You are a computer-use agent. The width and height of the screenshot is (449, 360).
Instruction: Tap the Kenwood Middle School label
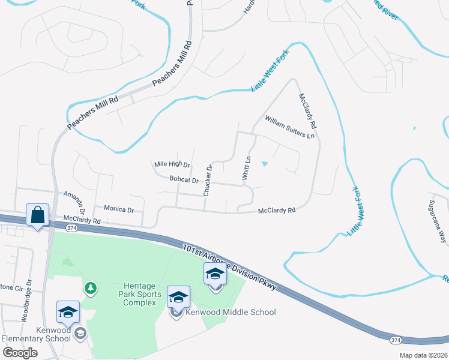click(x=231, y=312)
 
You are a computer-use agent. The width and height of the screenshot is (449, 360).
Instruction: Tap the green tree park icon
click(x=90, y=289)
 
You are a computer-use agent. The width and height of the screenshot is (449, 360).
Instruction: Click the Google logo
click(x=20, y=353)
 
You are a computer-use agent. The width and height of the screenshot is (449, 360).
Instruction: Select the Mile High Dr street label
click(x=172, y=164)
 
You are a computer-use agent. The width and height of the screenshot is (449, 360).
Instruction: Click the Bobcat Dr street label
click(x=184, y=179)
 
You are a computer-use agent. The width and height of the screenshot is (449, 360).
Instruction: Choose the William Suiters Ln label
click(x=289, y=127)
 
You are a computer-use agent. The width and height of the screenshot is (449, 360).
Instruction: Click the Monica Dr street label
click(x=118, y=209)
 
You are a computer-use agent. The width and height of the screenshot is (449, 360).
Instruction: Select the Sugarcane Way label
click(x=439, y=219)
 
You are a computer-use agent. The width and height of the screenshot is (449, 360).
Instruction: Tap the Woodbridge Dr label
click(x=25, y=308)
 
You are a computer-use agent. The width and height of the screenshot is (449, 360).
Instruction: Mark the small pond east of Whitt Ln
click(x=265, y=163)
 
